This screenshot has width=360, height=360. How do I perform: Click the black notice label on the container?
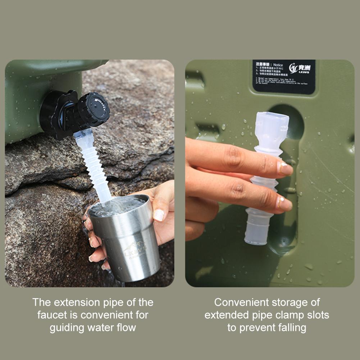(x=284, y=77)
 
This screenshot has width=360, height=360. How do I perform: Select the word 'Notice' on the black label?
(x=278, y=65)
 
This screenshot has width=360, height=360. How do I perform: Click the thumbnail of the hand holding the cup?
(x=159, y=215)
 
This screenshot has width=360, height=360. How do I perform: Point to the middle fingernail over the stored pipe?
(x=284, y=203)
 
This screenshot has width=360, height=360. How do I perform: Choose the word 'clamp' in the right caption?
(x=282, y=315)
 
